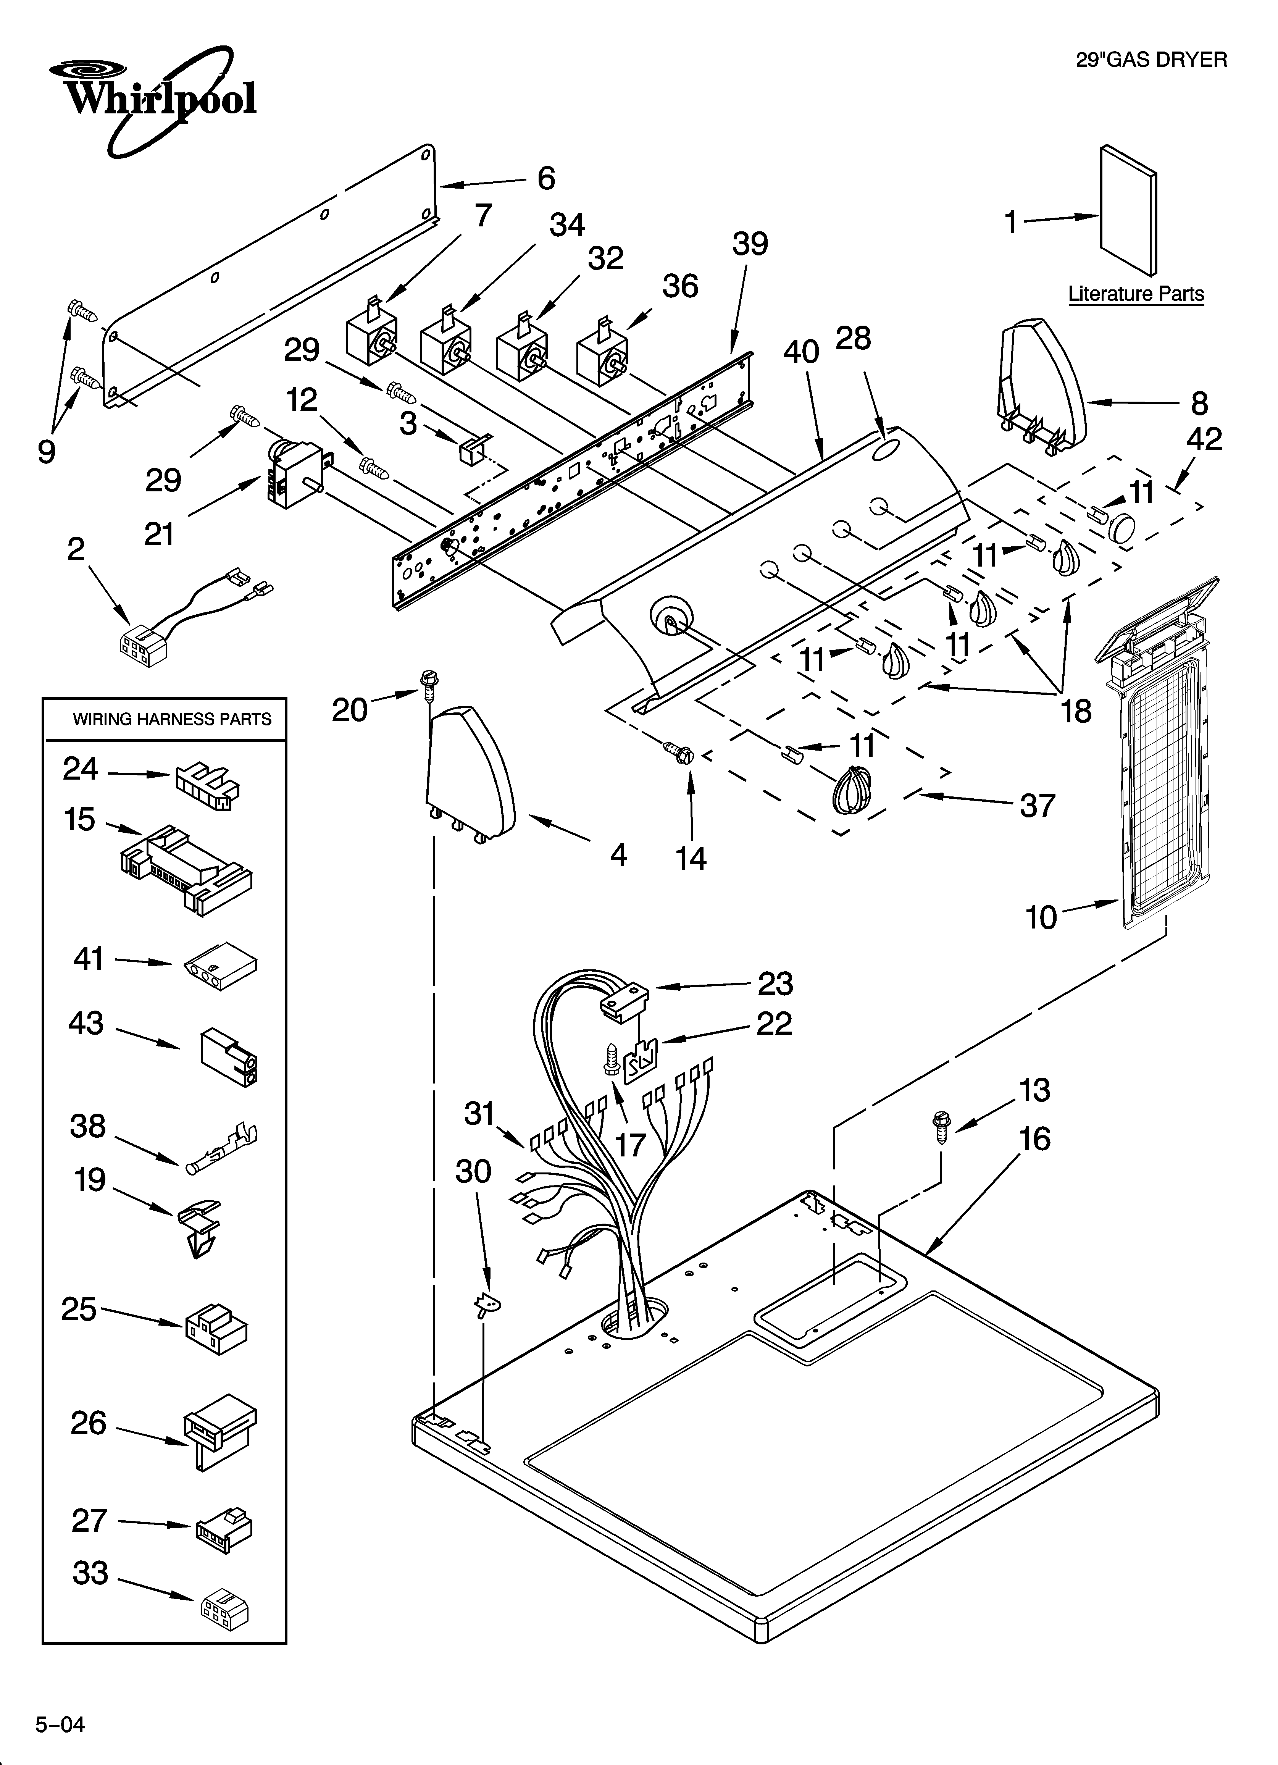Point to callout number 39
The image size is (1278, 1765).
(x=750, y=244)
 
